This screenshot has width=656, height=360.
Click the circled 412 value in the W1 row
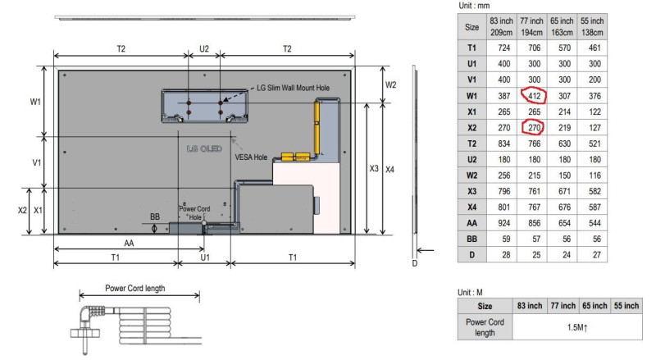point(535,96)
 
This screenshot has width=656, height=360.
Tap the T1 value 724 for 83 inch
point(503,48)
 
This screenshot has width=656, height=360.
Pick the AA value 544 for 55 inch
point(594,223)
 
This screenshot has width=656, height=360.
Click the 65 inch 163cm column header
point(562,26)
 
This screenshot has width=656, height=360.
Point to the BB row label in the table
point(472,239)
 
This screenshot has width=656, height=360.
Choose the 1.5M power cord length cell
point(577,327)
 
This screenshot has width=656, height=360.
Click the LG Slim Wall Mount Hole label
point(293,88)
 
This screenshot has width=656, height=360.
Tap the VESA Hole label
point(251,157)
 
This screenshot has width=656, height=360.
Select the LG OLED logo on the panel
point(204,148)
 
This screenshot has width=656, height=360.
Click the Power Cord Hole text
point(194,212)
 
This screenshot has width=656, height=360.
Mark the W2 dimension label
point(390,85)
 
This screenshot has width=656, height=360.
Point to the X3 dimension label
point(374,168)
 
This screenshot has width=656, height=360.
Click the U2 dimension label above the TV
point(203,49)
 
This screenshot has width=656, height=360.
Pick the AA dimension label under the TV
point(129,244)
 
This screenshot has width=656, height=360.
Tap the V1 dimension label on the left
point(36,162)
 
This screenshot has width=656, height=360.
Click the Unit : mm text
point(474,6)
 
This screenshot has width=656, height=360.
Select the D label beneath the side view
point(415,263)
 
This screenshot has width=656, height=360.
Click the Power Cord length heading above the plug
point(135,288)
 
